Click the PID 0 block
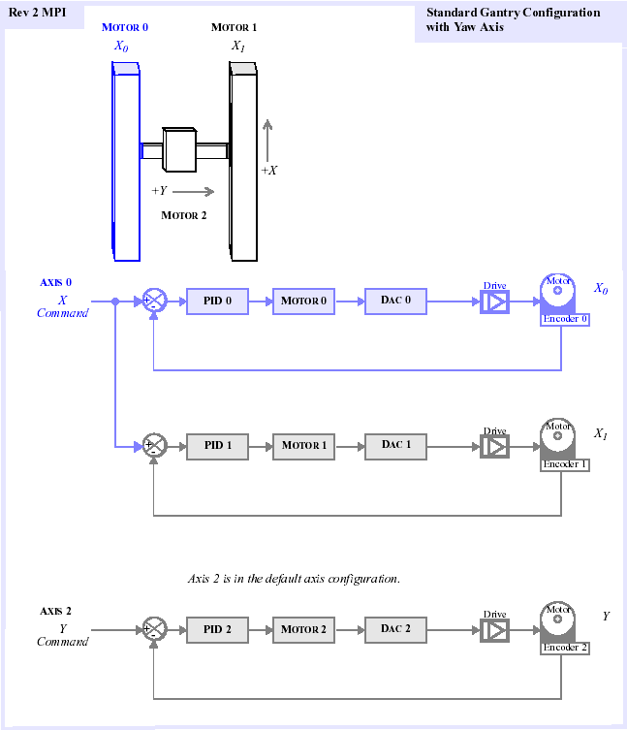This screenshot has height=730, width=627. click(217, 302)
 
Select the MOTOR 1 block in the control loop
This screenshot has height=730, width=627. click(303, 447)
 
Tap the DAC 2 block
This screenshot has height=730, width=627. click(395, 629)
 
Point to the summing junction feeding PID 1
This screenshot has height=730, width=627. click(154, 445)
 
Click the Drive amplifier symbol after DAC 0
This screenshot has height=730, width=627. click(494, 302)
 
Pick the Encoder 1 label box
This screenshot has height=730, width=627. click(565, 464)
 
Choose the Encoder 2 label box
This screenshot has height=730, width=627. click(565, 648)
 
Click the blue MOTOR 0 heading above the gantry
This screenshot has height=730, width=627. click(125, 27)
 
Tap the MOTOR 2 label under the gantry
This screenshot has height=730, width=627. click(183, 215)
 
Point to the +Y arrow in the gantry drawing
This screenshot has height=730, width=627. click(193, 191)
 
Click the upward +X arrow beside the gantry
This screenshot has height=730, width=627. click(267, 141)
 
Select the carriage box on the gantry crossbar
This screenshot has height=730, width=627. click(179, 149)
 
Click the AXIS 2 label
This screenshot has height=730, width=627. click(55, 611)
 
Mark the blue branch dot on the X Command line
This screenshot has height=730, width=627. click(115, 302)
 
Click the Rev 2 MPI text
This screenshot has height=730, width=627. click(37, 13)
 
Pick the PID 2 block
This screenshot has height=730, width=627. click(217, 630)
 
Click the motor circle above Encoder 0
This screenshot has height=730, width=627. click(557, 291)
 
